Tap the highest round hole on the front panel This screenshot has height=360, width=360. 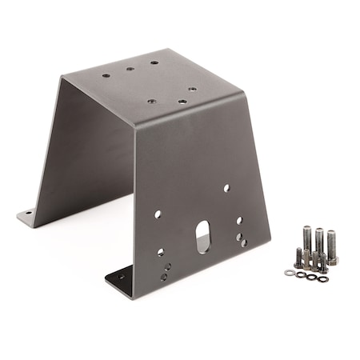click(226, 188)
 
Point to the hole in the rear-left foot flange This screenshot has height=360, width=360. click(28, 214)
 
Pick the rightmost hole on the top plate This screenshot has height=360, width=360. click(193, 89)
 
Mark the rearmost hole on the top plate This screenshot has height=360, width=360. click(154, 62)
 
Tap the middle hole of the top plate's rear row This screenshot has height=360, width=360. click(130, 69)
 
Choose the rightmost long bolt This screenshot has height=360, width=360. click(331, 246)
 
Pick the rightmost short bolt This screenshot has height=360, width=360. click(322, 262)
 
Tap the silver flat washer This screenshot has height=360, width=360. click(289, 272)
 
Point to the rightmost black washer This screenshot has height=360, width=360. click(321, 278)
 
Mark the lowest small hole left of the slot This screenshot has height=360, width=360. click(164, 277)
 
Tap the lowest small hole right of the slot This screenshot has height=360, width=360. click(244, 243)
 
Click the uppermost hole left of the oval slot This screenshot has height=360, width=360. click(158, 214)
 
